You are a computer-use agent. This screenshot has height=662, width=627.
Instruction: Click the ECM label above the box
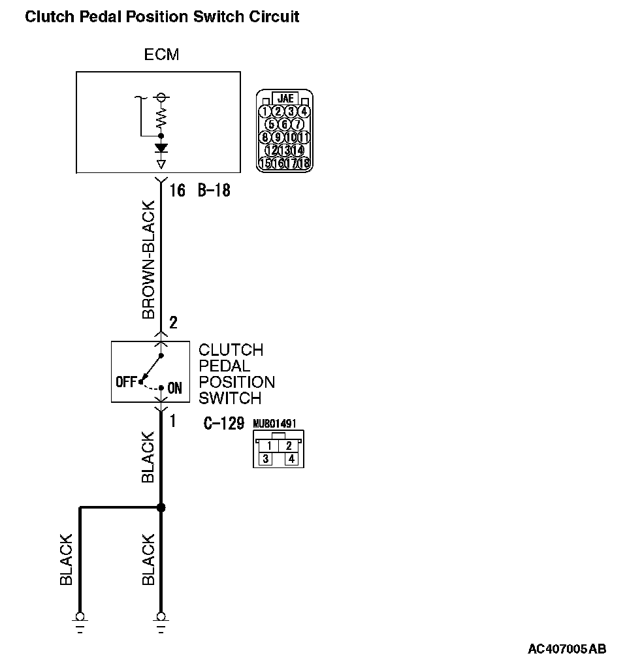coord(161,54)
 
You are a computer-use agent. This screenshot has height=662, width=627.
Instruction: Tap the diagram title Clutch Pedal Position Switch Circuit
coord(162,16)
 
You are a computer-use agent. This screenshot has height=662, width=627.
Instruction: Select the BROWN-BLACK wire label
coord(149,260)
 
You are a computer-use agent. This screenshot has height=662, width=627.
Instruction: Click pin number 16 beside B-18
coord(177,191)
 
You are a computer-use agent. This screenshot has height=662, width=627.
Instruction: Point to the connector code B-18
coord(214,191)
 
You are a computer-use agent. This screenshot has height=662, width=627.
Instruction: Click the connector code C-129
coord(224,424)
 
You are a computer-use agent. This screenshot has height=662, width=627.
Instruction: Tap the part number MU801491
coord(274,424)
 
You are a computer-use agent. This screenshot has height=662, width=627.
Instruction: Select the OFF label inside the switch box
coord(125,381)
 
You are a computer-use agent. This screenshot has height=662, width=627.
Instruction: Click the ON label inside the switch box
coord(175,388)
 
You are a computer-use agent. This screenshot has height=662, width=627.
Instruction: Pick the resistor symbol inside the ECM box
coord(161,118)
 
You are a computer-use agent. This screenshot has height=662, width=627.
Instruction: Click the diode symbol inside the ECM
coord(161,148)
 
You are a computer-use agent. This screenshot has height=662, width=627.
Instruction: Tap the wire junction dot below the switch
coord(161,507)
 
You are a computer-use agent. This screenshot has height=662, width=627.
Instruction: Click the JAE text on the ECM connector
coord(285,99)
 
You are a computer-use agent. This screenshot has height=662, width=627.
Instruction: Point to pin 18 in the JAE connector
coord(304,163)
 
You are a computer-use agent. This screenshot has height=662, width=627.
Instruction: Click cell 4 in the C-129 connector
coord(291,459)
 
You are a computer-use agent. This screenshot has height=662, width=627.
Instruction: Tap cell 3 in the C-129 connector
coord(266,459)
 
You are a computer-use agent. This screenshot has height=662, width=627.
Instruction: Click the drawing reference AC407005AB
coord(566,649)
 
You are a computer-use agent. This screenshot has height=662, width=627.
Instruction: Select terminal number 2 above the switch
coord(173,323)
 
